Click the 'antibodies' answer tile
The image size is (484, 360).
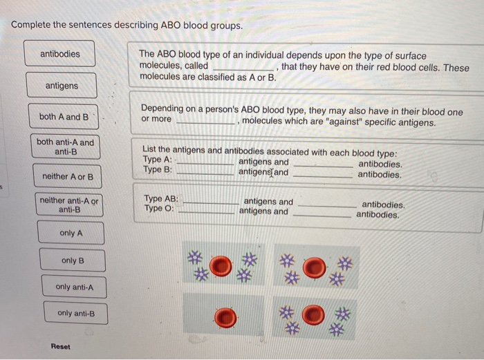click(60, 54)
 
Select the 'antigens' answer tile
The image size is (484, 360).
click(62, 86)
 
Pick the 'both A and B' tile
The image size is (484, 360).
click(64, 117)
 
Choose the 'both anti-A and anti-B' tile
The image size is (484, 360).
click(66, 147)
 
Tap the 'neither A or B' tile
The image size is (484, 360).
click(67, 177)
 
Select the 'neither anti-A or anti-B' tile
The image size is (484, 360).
click(69, 205)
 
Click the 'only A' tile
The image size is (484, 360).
click(71, 234)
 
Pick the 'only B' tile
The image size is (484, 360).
click(72, 260)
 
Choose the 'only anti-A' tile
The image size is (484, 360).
click(74, 287)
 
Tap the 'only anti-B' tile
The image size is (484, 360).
click(75, 313)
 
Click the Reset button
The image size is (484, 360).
click(60, 346)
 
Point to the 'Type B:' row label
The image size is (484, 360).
click(158, 170)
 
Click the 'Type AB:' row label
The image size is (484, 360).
click(161, 198)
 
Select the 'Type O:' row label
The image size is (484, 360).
click(160, 209)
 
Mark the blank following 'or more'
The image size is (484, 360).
click(205, 122)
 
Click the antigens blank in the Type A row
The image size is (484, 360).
click(205, 164)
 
